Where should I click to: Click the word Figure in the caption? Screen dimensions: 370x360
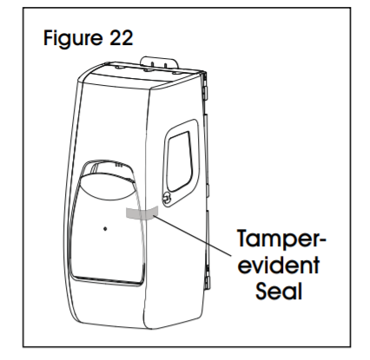click(x=72, y=38)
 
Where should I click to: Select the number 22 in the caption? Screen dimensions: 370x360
click(x=122, y=37)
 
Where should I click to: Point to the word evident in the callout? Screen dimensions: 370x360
click(x=279, y=265)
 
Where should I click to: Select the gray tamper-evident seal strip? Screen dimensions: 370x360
click(x=141, y=213)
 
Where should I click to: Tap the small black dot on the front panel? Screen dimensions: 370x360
click(x=105, y=229)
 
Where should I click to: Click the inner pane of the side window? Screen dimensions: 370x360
click(x=180, y=161)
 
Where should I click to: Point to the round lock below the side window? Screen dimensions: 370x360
click(x=167, y=199)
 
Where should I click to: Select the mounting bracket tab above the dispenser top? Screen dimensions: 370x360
click(x=159, y=62)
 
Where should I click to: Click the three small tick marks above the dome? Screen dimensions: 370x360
click(x=119, y=166)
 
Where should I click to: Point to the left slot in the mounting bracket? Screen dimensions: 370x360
click(x=151, y=65)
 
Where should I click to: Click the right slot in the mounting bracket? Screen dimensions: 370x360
click(x=165, y=65)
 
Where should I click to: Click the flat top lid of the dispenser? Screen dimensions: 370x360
click(x=142, y=75)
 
